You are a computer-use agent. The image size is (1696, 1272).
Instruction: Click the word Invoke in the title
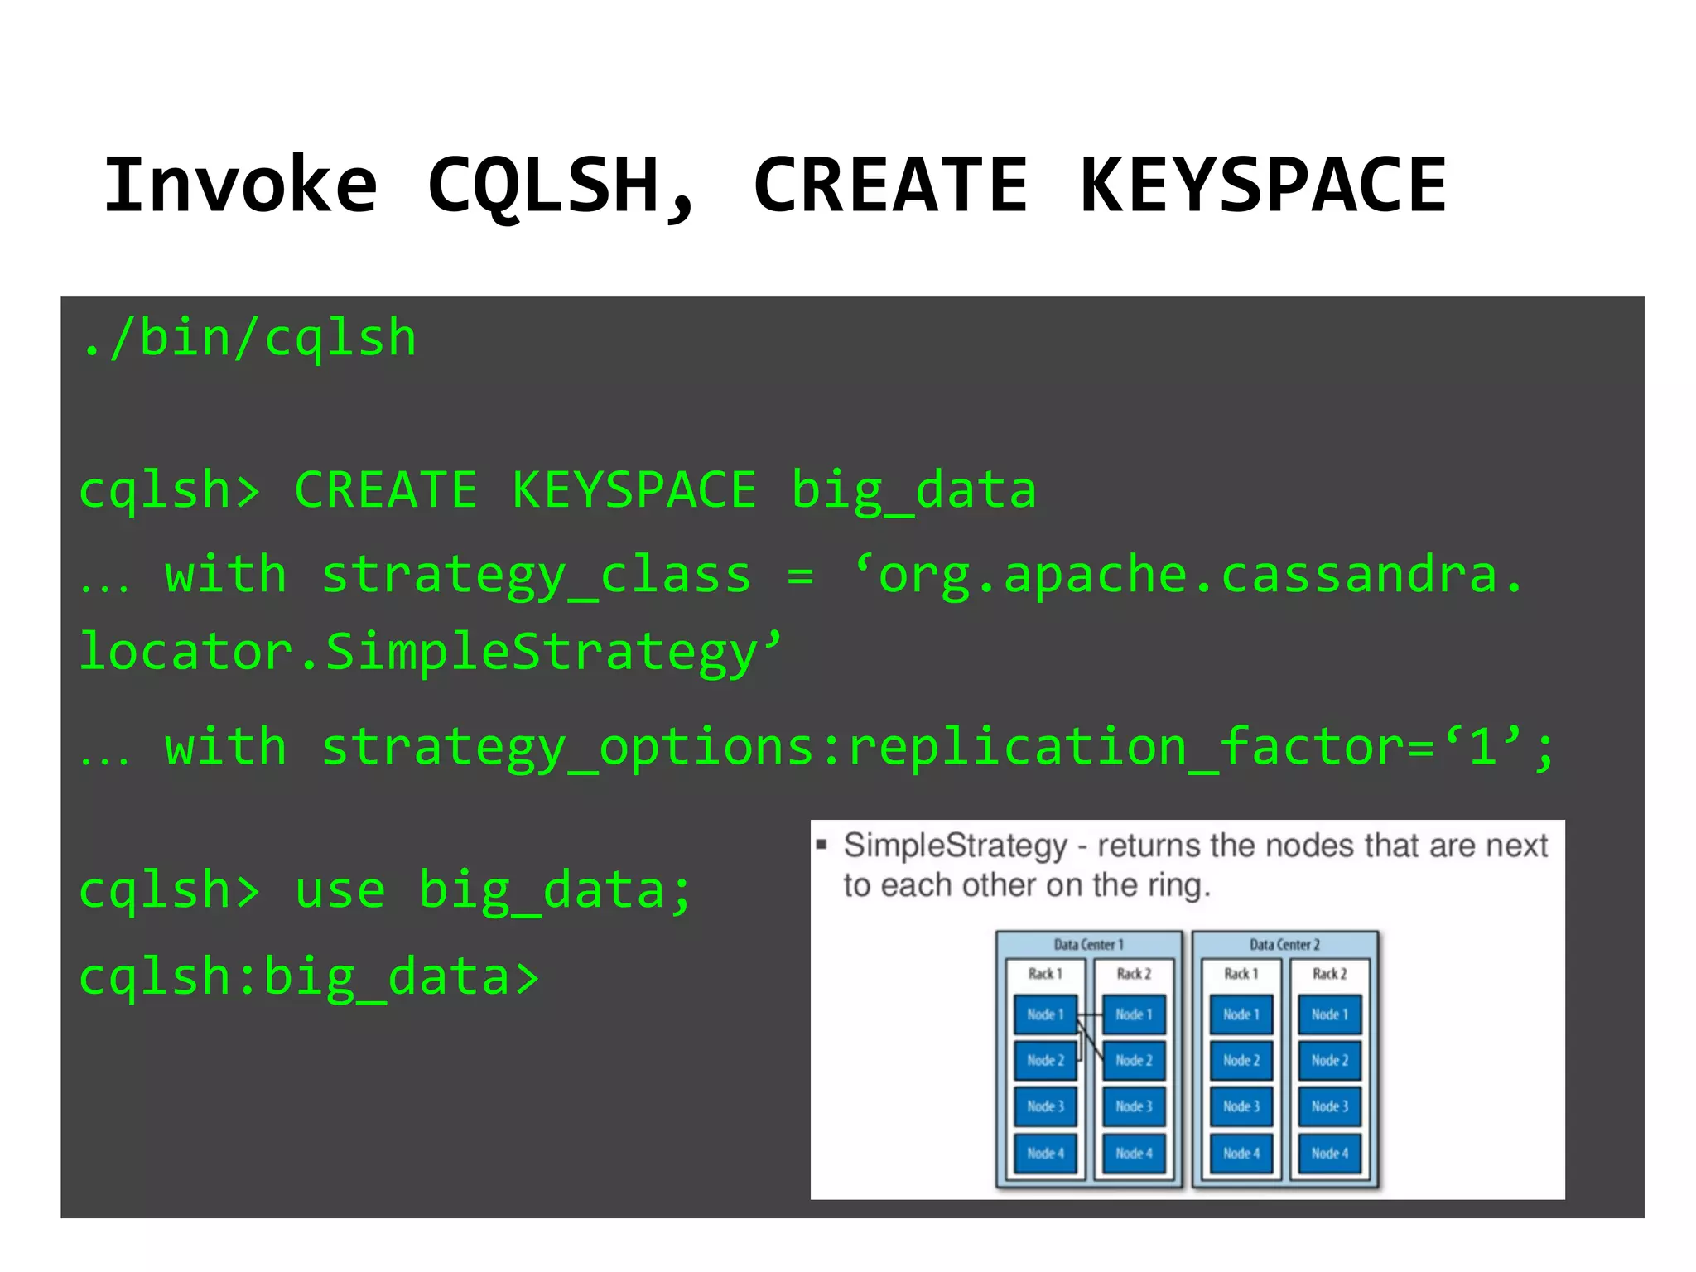240,185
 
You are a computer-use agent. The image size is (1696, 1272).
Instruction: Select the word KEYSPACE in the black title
1263,185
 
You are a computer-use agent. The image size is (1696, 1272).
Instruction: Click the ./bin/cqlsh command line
248,339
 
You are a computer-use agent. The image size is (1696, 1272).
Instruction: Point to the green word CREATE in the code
386,489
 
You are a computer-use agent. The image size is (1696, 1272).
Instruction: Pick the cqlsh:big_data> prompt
309,976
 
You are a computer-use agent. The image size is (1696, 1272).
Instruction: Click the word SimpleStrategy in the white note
956,846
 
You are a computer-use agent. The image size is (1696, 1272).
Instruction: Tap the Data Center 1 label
1088,944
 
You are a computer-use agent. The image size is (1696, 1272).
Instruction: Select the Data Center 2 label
1284,944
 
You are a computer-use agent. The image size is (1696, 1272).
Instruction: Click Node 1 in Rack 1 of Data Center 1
1045,1014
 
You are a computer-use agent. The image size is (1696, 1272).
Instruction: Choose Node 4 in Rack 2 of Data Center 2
1329,1153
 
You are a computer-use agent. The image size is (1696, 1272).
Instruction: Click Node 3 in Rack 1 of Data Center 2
1241,1106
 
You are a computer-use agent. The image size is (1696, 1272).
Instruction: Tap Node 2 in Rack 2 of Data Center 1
1134,1060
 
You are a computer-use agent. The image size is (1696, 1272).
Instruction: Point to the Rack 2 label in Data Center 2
1329,974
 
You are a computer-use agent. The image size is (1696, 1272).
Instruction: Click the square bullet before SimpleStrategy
821,845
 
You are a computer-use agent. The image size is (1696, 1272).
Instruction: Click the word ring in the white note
1176,885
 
